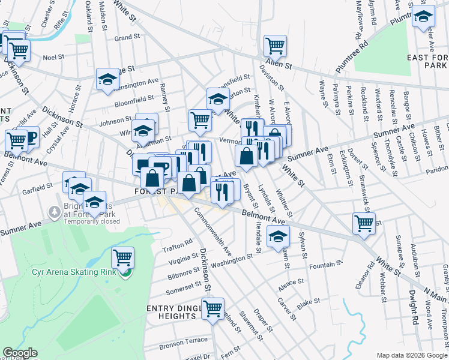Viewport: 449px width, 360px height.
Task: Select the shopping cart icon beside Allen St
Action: coord(275,46)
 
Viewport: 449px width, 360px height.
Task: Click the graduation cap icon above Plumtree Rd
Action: coord(424,16)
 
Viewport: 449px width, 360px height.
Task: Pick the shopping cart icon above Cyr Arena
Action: coord(122,258)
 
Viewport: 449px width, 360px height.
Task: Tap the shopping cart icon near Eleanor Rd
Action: coord(364,223)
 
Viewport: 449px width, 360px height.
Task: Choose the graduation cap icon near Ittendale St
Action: coord(278,236)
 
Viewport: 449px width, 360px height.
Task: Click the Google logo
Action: coord(20,353)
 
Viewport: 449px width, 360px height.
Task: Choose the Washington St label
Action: coord(233,260)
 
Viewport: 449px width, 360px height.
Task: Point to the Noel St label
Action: coord(53,58)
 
